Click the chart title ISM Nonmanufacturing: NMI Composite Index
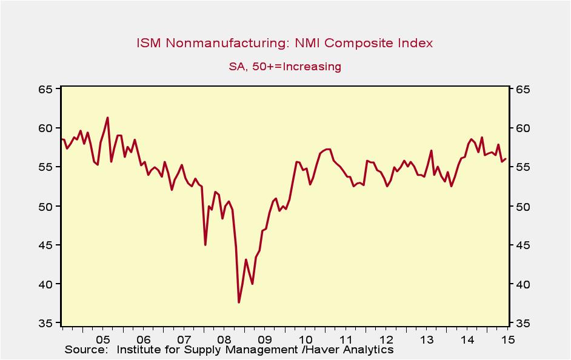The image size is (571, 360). [x=285, y=43]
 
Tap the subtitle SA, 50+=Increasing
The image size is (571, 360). [x=285, y=67]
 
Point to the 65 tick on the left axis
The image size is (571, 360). [x=47, y=90]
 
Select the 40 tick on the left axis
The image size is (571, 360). [x=47, y=284]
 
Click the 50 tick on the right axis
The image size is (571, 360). [x=523, y=207]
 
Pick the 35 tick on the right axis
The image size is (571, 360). [x=523, y=324]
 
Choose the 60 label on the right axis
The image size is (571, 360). [x=523, y=128]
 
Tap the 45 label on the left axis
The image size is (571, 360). [x=47, y=245]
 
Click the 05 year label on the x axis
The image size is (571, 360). [x=102, y=339]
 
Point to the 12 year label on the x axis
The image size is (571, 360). [x=386, y=339]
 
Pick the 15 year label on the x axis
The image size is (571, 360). [x=507, y=339]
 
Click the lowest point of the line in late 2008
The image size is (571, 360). [x=239, y=302]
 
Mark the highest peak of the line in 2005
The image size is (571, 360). [x=107, y=118]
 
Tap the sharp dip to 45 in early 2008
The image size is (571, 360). [x=205, y=244]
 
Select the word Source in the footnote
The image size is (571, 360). [x=85, y=350]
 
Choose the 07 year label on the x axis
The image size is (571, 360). [x=184, y=339]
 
